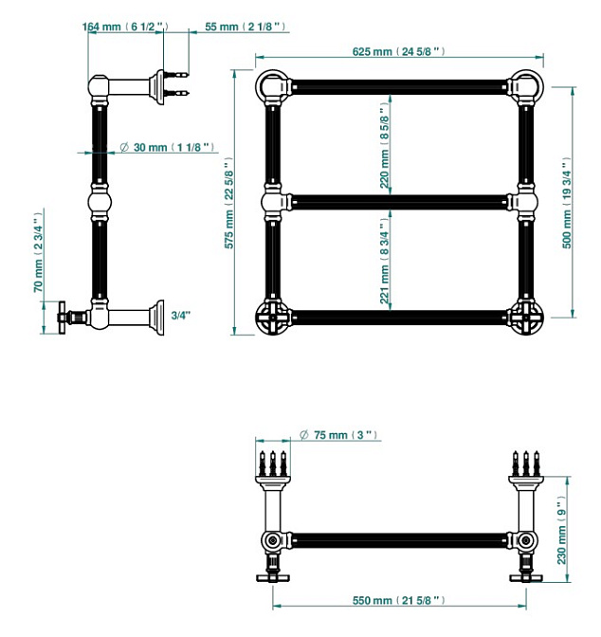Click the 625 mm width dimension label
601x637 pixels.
tap(398, 51)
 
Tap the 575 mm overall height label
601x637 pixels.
tap(228, 203)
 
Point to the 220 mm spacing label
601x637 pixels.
tap(385, 145)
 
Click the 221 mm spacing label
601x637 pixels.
tap(385, 262)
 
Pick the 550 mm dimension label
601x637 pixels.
tap(398, 600)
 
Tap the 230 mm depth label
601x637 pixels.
tap(561, 530)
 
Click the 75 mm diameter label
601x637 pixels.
tap(338, 435)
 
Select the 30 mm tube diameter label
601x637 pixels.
tap(168, 147)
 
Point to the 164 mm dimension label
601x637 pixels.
tap(125, 27)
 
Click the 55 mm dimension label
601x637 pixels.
tap(245, 27)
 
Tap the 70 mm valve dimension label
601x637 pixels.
tap(38, 252)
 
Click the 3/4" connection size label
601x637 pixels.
tap(180, 316)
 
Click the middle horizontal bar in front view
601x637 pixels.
tap(400, 202)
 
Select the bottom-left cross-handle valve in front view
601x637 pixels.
tap(273, 317)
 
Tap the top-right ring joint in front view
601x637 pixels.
tap(527, 86)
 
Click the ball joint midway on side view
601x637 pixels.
tap(100, 202)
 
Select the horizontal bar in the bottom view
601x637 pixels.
tap(400, 540)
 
